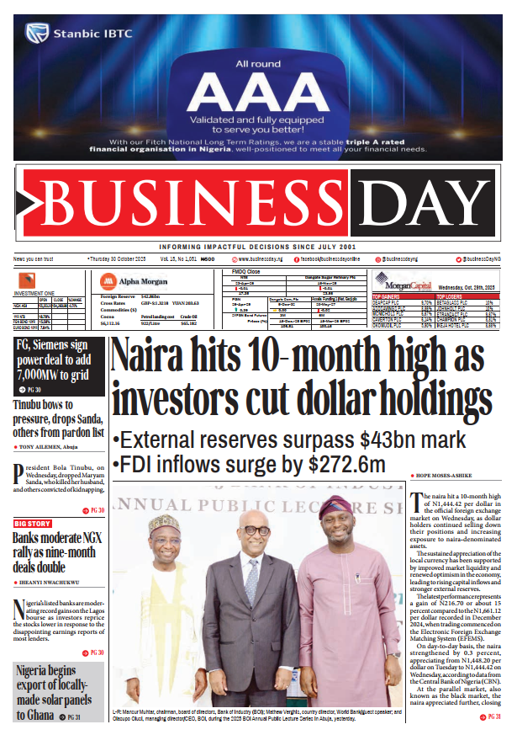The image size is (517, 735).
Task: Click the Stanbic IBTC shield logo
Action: click(x=35, y=34)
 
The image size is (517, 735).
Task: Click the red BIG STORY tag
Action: click(x=32, y=524)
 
